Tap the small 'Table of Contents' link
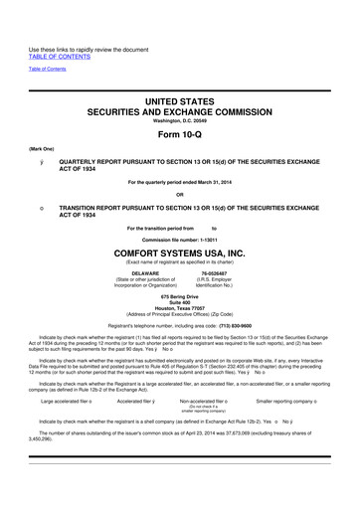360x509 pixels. click(x=43, y=40)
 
